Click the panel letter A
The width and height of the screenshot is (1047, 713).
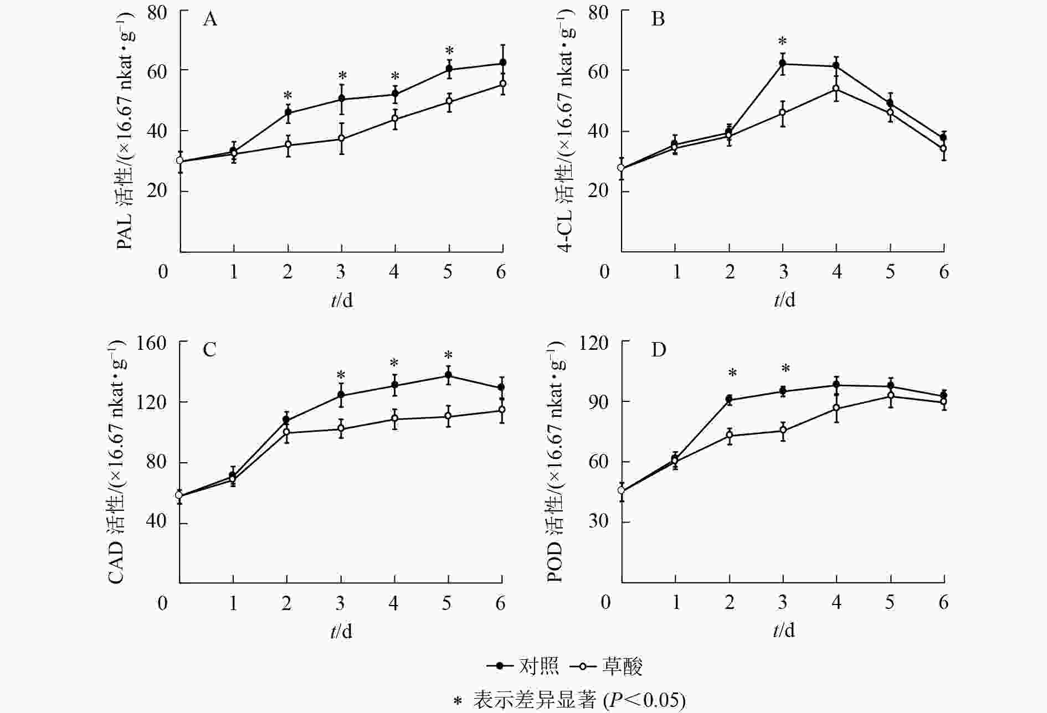pos(210,20)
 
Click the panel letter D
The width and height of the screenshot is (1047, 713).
pos(658,350)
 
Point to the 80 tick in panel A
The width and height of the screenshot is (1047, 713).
pos(157,12)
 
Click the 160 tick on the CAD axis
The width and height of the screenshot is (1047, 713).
pos(152,343)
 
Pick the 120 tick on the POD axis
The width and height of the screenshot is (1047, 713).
pos(593,343)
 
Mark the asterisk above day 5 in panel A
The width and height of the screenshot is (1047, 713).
pos(449,50)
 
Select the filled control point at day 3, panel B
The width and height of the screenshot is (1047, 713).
pos(783,64)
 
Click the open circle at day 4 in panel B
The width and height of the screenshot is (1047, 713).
pos(836,89)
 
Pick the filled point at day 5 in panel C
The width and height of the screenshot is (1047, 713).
pos(448,375)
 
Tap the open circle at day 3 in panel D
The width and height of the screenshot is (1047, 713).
pos(783,430)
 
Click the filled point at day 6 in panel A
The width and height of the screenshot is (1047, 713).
pos(502,63)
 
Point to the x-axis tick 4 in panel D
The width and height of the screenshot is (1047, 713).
pos(836,602)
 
